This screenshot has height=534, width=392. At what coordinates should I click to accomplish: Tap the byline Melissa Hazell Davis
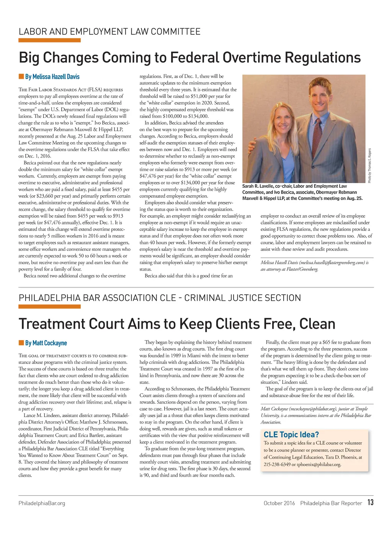point(52,77)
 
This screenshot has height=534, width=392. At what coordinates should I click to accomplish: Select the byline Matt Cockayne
point(46,343)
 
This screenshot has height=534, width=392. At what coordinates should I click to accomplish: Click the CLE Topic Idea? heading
point(291,435)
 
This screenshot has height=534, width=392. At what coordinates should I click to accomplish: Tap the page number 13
point(370,503)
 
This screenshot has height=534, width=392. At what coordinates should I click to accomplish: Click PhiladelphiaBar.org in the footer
point(42,503)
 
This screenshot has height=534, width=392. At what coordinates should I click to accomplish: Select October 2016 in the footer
point(279,503)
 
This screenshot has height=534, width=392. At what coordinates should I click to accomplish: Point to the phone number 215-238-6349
point(277,464)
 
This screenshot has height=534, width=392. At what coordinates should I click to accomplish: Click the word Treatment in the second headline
point(52,324)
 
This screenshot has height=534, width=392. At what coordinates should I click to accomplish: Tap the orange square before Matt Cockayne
point(21,343)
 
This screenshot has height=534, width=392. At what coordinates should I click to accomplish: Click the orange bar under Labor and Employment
point(49,40)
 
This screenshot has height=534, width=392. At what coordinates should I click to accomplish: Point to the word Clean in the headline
point(317,324)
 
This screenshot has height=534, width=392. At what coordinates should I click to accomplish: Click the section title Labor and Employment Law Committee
point(109,31)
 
